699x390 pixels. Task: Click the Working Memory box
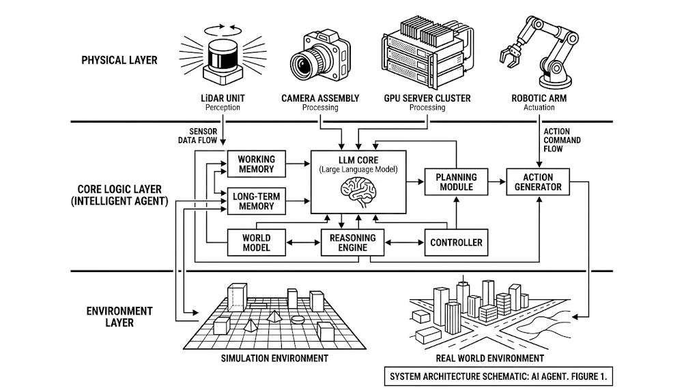[x=256, y=164]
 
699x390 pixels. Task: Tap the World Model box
[x=256, y=243]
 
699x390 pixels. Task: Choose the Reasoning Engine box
[x=353, y=243]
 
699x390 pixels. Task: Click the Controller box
[x=456, y=242]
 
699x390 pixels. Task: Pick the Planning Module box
[x=456, y=182]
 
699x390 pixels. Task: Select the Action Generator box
[x=539, y=182]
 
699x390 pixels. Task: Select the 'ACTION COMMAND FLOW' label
[x=562, y=140]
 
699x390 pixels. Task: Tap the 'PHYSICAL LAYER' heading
[x=119, y=60]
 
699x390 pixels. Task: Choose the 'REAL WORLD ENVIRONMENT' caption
[x=490, y=358]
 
